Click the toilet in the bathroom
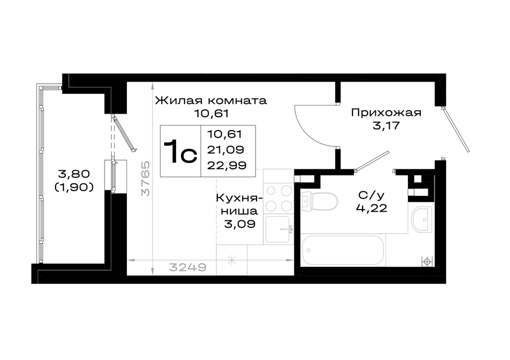[319, 201]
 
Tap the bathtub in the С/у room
[343, 250]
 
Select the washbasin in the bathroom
[422, 219]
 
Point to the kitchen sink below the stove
[278, 229]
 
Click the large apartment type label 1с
[180, 151]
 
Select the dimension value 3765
[145, 178]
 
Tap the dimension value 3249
[188, 267]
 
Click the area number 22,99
[227, 166]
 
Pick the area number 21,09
[226, 149]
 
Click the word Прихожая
[386, 113]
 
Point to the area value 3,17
[386, 125]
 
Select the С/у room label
[371, 195]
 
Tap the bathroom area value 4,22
[372, 208]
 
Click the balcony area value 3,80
[74, 174]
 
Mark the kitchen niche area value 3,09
[239, 224]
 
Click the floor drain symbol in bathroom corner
[427, 261]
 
